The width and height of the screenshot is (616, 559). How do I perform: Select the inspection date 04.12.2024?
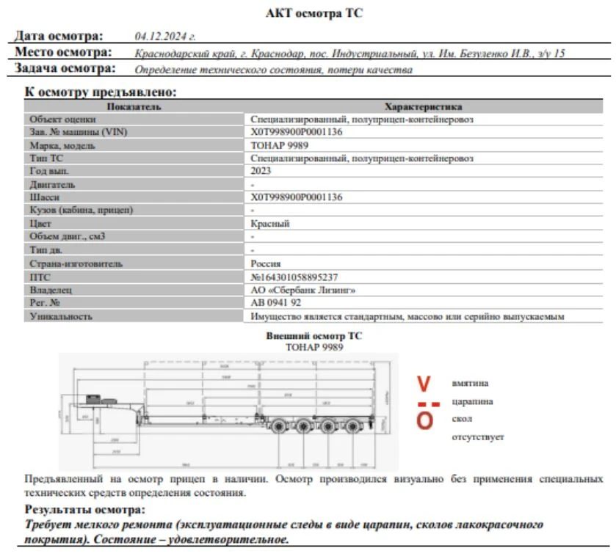click(x=165, y=36)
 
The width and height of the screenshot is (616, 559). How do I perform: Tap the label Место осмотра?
click(x=64, y=53)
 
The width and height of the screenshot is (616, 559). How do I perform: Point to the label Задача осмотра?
click(x=65, y=69)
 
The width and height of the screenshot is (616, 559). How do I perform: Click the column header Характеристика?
click(x=423, y=106)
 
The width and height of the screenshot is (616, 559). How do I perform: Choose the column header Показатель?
click(x=134, y=106)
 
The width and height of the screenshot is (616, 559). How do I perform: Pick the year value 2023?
click(x=261, y=171)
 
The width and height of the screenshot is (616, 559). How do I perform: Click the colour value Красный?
click(x=270, y=224)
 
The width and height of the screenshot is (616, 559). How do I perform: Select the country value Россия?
click(x=266, y=263)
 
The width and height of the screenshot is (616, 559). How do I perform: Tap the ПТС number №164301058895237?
click(x=294, y=277)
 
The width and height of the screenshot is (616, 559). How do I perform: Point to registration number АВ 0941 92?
click(x=276, y=303)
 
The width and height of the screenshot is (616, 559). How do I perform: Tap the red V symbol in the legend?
click(x=424, y=384)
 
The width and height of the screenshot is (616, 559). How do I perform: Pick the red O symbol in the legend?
click(x=424, y=420)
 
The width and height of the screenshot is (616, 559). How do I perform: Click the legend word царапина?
click(x=472, y=401)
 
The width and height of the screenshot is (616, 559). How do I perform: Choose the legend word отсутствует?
click(x=478, y=437)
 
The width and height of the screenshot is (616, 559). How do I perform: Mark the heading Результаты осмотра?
click(x=85, y=509)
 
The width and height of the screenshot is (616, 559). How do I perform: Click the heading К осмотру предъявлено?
click(x=101, y=92)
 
